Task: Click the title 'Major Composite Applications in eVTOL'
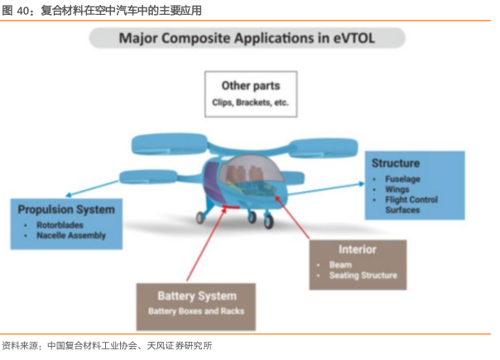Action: [x=248, y=38]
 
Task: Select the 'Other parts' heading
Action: [x=250, y=85]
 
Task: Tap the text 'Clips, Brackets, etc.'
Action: [x=250, y=103]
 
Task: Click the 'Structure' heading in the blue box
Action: [x=395, y=163]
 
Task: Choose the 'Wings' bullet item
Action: [x=397, y=189]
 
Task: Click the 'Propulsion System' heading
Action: [x=66, y=209]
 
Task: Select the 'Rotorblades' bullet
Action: [x=60, y=225]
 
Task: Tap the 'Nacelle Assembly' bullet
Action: [x=71, y=236]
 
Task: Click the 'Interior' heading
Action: [x=358, y=249]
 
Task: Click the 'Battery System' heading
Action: [x=196, y=295]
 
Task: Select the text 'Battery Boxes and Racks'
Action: [x=196, y=313]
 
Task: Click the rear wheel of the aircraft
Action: [x=200, y=218]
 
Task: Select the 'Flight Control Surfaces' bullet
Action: [x=406, y=204]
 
